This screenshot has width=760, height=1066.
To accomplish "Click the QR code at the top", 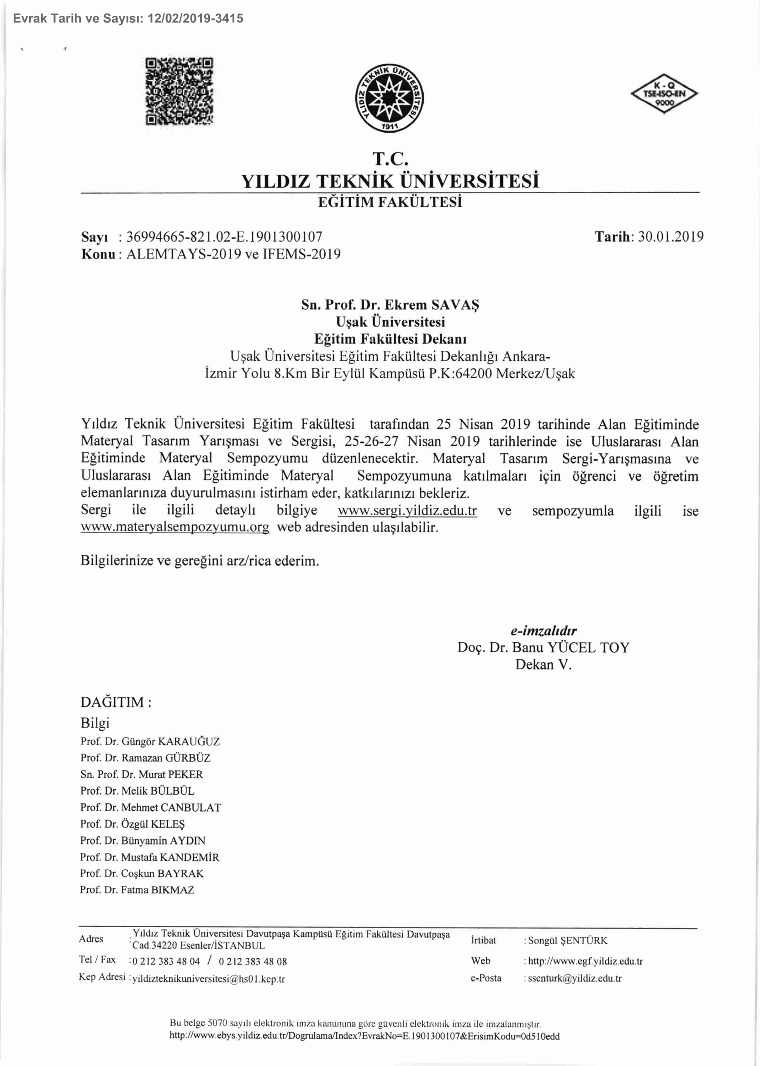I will pyautogui.click(x=179, y=91).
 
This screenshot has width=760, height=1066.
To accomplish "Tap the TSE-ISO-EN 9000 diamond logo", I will pyautogui.click(x=664, y=94).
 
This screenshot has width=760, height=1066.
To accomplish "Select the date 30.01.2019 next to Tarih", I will pyautogui.click(x=670, y=237).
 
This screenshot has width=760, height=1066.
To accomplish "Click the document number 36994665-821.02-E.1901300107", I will pyautogui.click(x=224, y=237).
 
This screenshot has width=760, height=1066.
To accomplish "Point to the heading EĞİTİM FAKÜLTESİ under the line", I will pyautogui.click(x=390, y=202).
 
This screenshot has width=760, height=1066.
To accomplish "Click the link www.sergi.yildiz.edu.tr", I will pyautogui.click(x=407, y=511).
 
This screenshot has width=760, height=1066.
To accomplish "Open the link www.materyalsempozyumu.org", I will pyautogui.click(x=175, y=528).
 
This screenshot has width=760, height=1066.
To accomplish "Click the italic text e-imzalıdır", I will pyautogui.click(x=544, y=631).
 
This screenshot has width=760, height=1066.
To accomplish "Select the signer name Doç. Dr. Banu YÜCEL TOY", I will pyautogui.click(x=544, y=648).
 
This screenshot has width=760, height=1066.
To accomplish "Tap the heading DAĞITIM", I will pyautogui.click(x=116, y=702).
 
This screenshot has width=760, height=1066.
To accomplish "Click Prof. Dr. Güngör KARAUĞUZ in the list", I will pyautogui.click(x=150, y=742).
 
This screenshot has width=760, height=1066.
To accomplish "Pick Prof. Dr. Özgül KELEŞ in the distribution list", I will pyautogui.click(x=132, y=824).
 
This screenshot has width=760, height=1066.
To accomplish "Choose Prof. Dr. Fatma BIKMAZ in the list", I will pyautogui.click(x=137, y=890).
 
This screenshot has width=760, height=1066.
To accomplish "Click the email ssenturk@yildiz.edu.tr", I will pyautogui.click(x=575, y=978).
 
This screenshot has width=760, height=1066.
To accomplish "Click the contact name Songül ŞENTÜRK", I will pyautogui.click(x=568, y=940).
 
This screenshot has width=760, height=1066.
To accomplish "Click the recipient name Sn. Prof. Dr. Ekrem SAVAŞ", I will pyautogui.click(x=391, y=305).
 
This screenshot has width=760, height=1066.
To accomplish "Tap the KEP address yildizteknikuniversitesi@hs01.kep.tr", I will pyautogui.click(x=209, y=979).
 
